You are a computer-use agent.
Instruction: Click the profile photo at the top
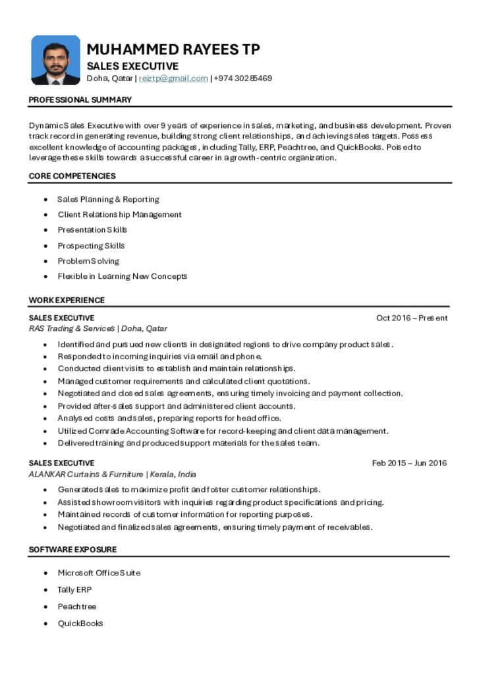tap(55, 60)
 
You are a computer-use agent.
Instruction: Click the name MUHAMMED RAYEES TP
tap(173, 49)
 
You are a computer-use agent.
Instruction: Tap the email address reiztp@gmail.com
tap(173, 78)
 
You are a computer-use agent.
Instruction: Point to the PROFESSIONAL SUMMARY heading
tap(80, 100)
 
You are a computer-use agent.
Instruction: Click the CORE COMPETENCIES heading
tap(72, 176)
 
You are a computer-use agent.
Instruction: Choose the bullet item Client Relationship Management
tap(119, 214)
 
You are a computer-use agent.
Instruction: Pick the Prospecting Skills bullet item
tap(91, 245)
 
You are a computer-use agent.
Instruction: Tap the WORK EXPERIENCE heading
tap(67, 300)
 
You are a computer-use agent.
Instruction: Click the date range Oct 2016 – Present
tap(412, 318)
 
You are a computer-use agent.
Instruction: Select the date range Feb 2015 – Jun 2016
tap(409, 463)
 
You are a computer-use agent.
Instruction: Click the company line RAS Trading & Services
tap(98, 328)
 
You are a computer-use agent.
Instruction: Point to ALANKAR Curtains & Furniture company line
tap(112, 474)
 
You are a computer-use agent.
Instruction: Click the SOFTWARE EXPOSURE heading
tap(72, 549)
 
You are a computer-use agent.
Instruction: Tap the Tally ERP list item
tap(74, 589)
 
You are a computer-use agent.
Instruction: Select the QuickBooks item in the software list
tap(80, 623)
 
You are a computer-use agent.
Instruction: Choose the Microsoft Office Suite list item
tap(99, 573)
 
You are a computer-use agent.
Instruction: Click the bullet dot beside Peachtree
tap(45, 606)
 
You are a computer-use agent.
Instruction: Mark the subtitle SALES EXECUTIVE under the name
tap(132, 66)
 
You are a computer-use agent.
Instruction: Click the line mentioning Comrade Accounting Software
tap(223, 430)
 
